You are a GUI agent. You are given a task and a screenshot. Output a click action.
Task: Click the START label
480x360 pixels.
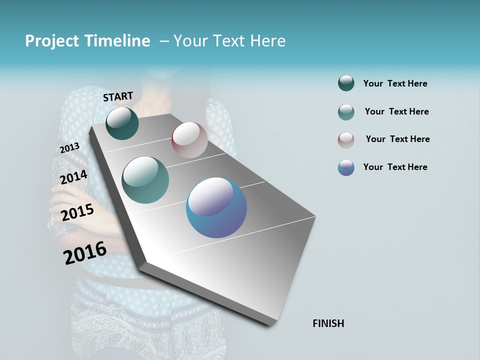[118, 96]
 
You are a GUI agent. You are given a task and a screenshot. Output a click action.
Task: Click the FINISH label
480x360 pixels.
[328, 323]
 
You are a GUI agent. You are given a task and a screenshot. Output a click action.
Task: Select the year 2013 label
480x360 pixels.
[69, 148]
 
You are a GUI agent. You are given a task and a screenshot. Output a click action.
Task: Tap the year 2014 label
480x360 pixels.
[73, 177]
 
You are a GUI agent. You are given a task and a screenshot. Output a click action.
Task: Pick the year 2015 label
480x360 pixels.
[77, 212]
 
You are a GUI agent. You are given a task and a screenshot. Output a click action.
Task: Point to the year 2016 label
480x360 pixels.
[85, 253]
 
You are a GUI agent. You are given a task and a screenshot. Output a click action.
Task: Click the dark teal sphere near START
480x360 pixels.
[122, 123]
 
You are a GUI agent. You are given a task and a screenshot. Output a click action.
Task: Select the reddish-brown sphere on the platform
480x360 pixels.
[189, 140]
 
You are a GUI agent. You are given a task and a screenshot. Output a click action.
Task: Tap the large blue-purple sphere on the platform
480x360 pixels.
[216, 207]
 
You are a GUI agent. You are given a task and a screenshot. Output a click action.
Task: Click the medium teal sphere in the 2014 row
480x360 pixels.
[145, 180]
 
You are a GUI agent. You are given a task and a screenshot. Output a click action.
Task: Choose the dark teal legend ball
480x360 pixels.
[346, 83]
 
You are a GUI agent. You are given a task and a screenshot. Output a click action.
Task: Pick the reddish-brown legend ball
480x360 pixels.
[346, 140]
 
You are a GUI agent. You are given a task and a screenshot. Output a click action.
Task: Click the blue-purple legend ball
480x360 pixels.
[346, 167]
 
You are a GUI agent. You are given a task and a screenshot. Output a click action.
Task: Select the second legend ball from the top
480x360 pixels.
[346, 112]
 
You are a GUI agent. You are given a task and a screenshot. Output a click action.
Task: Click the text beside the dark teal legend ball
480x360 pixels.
[395, 83]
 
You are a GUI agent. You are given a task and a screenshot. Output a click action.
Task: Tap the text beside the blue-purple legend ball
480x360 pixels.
[395, 167]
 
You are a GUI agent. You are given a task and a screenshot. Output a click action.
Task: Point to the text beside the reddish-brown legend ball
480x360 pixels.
[397, 139]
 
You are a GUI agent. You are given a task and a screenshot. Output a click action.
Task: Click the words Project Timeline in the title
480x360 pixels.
[87, 41]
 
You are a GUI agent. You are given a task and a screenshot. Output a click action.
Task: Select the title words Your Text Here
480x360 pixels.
[229, 41]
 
